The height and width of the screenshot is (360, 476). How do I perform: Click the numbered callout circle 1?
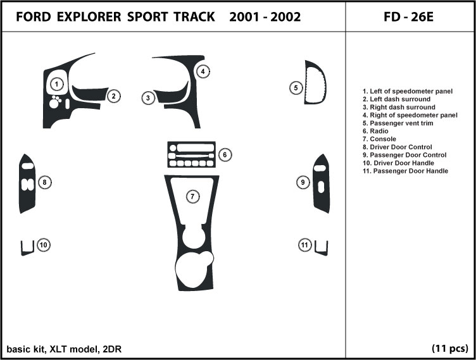57,84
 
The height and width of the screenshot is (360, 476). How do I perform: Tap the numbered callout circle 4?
202,71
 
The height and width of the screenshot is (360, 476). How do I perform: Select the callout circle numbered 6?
225,154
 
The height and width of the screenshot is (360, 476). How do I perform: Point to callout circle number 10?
43,245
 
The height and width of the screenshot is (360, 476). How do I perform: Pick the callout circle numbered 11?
305,245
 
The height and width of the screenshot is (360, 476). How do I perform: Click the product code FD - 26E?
409,16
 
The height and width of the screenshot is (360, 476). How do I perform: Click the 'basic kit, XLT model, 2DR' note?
58,349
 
